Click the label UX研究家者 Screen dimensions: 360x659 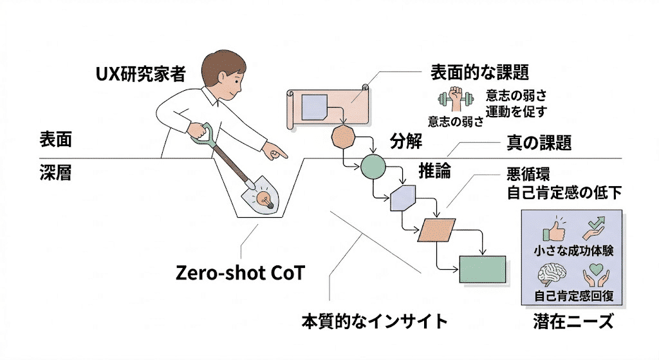(x=140, y=75)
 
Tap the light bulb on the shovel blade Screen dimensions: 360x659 (x=263, y=198)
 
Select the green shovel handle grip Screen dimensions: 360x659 (x=204, y=134)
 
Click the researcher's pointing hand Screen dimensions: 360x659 (x=277, y=153)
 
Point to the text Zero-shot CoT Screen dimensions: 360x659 (x=240, y=273)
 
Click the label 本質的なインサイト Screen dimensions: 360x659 (x=375, y=320)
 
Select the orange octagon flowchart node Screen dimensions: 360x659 (x=343, y=137)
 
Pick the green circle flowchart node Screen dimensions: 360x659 (x=373, y=167)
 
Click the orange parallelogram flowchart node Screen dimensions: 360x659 (x=436, y=231)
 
